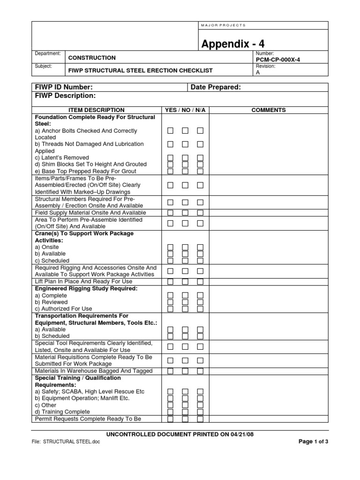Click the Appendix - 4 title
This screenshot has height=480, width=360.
click(x=233, y=44)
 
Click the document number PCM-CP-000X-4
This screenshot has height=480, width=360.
click(x=278, y=60)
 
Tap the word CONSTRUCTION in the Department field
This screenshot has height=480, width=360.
click(x=92, y=58)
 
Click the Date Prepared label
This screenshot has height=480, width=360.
click(x=216, y=87)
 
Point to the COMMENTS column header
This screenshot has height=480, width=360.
click(x=268, y=110)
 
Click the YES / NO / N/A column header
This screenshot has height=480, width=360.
click(x=185, y=110)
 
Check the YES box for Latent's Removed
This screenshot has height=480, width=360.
click(x=171, y=158)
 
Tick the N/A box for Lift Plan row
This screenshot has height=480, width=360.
click(x=200, y=282)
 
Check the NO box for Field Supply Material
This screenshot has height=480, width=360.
click(x=185, y=213)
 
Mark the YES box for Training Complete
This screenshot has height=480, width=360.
click(x=171, y=412)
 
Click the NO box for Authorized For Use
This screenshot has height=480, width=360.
click(x=185, y=309)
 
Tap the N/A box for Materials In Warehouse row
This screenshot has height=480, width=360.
click(x=200, y=371)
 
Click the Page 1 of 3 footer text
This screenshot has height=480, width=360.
click(x=313, y=442)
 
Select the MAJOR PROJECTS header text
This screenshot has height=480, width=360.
click(x=223, y=25)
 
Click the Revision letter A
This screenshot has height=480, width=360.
click(x=257, y=73)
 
